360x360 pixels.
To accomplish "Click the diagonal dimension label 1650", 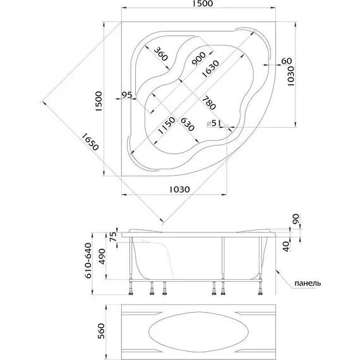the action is click(x=90, y=142).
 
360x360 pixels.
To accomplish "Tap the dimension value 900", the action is click(x=199, y=59).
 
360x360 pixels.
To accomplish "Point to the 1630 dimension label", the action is click(x=210, y=68).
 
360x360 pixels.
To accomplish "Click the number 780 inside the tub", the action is click(x=209, y=103).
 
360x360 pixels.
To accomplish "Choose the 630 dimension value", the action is click(x=188, y=124).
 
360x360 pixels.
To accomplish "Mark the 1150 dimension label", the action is click(x=167, y=125).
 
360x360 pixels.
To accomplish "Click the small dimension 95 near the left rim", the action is click(x=127, y=95).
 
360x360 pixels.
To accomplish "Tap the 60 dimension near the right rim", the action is click(x=286, y=61).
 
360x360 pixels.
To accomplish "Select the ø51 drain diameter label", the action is click(x=213, y=123).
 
